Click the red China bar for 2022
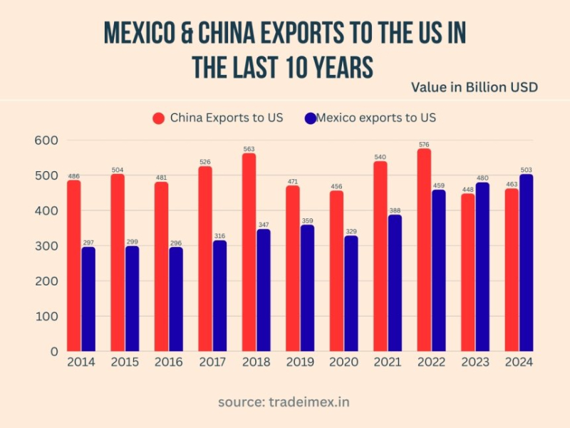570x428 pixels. [x=424, y=250]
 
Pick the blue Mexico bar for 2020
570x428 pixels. [x=351, y=293]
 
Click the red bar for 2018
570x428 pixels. [x=249, y=253]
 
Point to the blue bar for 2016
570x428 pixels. [x=176, y=299]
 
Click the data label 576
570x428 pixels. [x=424, y=144]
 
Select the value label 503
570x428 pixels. [x=526, y=170]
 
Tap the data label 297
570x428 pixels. [x=89, y=243]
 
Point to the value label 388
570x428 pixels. [x=395, y=210]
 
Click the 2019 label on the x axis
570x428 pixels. [x=299, y=362]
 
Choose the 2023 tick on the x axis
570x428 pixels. [x=475, y=362]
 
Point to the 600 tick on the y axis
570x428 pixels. [x=46, y=141]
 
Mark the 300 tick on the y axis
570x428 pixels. [x=46, y=246]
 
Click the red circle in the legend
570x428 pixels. [x=158, y=118]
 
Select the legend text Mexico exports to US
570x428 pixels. [x=375, y=118]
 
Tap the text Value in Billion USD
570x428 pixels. [x=474, y=87]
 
